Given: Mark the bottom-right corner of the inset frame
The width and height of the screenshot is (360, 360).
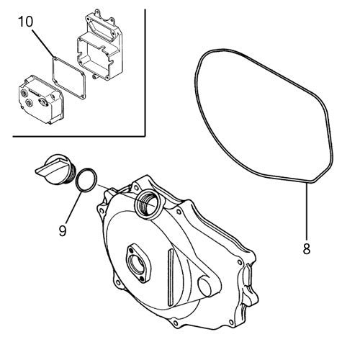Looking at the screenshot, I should pos(145,136).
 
